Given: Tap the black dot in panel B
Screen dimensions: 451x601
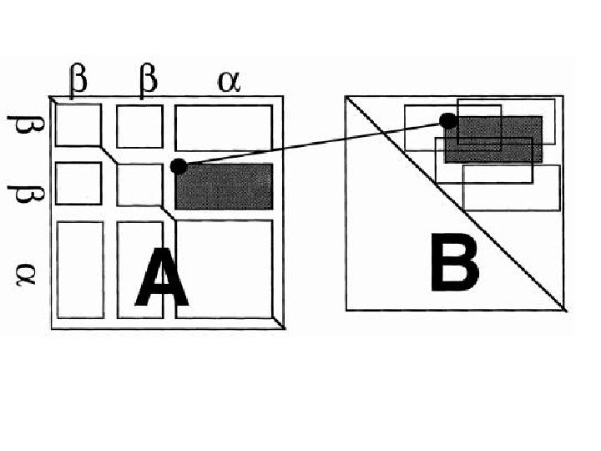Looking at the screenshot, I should (x=448, y=121).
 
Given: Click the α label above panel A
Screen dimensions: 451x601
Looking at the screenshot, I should (x=226, y=82).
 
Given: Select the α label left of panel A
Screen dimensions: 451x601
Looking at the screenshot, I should (x=24, y=272).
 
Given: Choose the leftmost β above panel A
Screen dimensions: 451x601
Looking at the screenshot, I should (x=76, y=81).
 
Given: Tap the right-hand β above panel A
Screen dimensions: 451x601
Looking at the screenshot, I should (x=148, y=81).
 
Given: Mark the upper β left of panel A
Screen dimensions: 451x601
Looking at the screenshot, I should (x=23, y=129).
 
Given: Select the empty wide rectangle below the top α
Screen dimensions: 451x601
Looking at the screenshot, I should (x=224, y=128).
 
